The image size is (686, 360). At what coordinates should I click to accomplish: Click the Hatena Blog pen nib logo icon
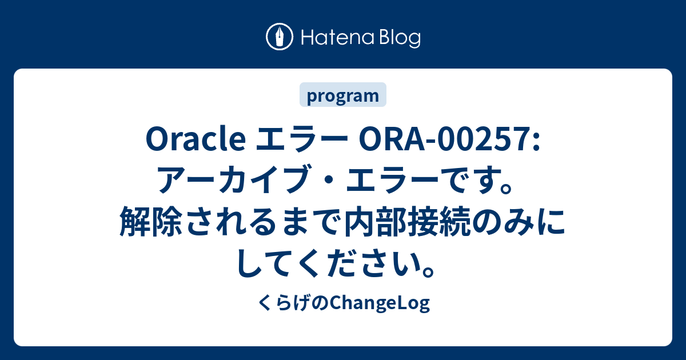coord(280,37)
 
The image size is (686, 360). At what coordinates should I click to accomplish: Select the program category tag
coord(342,95)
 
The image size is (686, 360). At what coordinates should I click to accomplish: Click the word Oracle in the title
coord(196,139)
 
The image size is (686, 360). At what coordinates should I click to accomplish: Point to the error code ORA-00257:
coord(449,139)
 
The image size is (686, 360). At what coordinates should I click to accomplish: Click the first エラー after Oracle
coord(302,139)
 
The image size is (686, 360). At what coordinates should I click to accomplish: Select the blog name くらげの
coord(293,303)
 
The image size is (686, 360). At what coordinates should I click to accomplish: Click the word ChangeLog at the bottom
coord(380,303)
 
